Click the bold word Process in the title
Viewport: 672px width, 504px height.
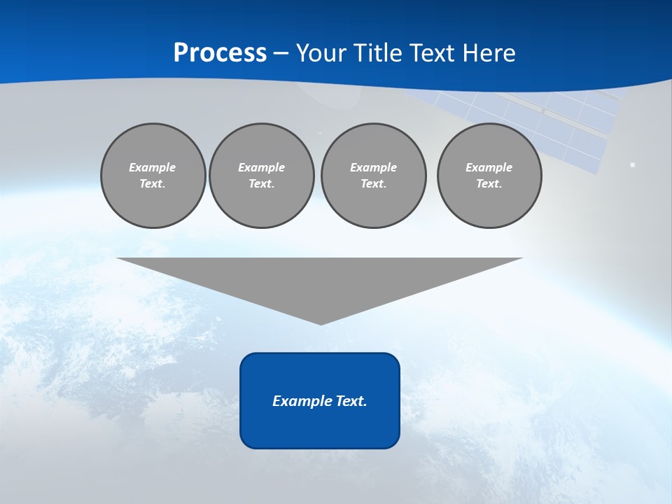pos(220,52)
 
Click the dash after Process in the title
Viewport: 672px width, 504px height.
pos(281,54)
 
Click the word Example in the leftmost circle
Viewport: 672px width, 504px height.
pos(152,167)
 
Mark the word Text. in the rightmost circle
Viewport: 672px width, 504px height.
pos(489,183)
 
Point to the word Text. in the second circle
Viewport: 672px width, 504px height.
pos(261,183)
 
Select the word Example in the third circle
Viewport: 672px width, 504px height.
pos(373,167)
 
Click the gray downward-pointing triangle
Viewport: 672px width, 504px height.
pos(320,280)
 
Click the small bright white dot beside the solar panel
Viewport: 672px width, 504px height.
pos(633,165)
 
